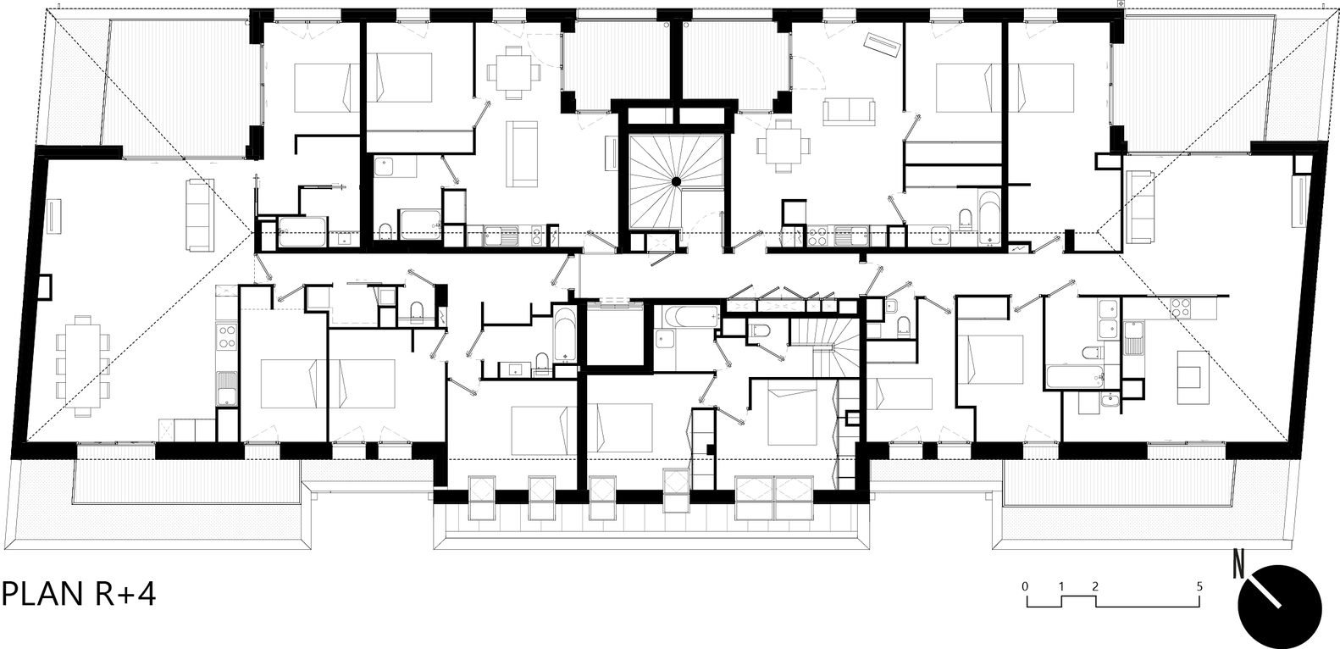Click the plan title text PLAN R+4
(x=79, y=595)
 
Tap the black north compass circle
(x=1280, y=606)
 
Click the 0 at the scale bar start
(x=1025, y=585)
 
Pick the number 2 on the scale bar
(x=1095, y=585)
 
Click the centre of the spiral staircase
(x=676, y=181)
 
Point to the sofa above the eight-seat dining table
(x=200, y=214)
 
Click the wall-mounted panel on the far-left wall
(x=53, y=214)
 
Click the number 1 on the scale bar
(x=1060, y=585)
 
